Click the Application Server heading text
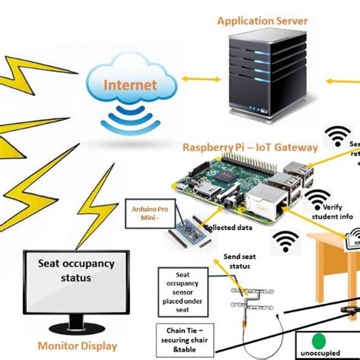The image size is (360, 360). (x=262, y=21)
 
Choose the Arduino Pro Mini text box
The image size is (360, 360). (x=145, y=214)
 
